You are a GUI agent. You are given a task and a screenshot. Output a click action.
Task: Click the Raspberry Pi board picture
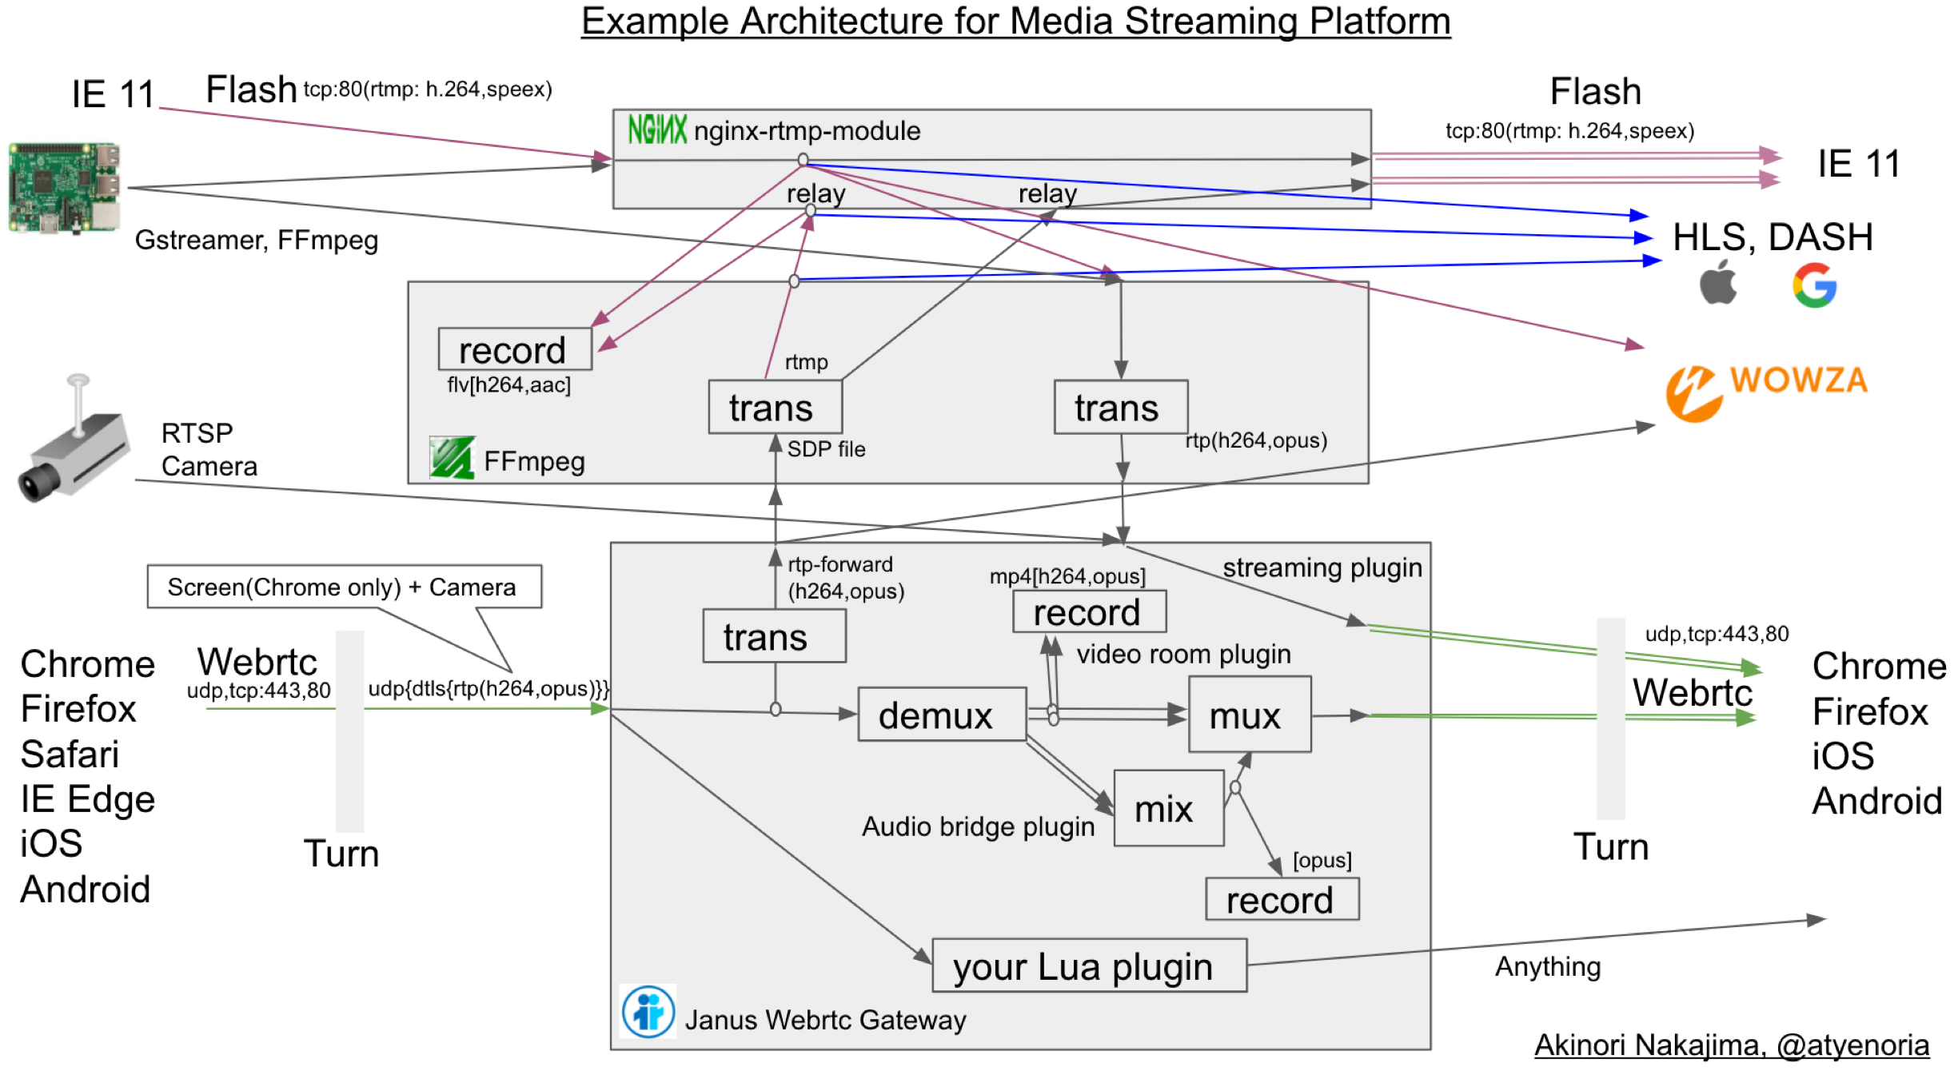(64, 188)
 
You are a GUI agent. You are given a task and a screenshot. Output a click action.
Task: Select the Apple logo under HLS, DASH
(1718, 283)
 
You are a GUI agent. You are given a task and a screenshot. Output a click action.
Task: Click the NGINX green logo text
(656, 129)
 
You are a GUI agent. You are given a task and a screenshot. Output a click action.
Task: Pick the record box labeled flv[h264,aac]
(514, 349)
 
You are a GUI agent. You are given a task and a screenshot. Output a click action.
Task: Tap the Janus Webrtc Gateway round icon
(648, 1011)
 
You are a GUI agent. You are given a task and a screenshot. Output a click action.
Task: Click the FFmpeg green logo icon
(452, 458)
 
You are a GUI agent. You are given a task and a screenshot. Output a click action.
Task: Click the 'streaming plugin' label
(1322, 567)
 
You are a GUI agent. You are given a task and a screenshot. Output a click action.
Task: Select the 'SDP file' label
(826, 449)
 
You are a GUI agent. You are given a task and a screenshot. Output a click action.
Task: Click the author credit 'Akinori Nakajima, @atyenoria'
(1731, 1044)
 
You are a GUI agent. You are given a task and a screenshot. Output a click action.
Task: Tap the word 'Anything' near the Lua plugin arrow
(1547, 966)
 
